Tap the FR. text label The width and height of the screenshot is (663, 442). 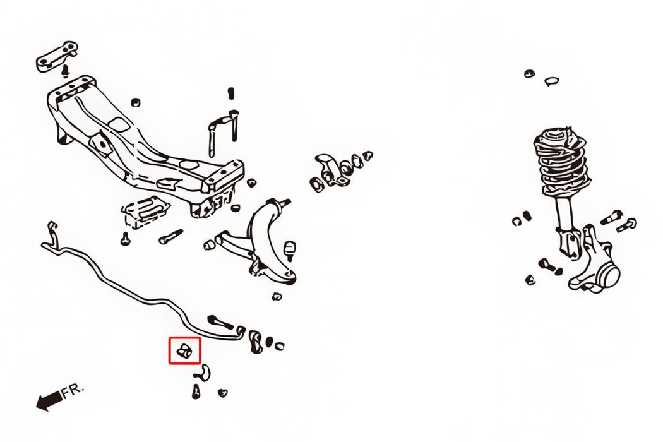pyautogui.click(x=73, y=390)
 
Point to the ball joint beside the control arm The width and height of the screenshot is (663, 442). pyautogui.click(x=290, y=250)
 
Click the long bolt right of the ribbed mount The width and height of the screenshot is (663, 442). pyautogui.click(x=171, y=236)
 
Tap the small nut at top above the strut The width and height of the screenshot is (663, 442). pyautogui.click(x=529, y=74)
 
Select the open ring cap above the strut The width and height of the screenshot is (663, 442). pyautogui.click(x=551, y=81)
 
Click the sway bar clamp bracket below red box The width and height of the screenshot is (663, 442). pyautogui.click(x=203, y=372)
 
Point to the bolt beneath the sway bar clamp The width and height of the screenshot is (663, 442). pyautogui.click(x=196, y=391)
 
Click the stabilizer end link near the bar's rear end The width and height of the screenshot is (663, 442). pyautogui.click(x=220, y=322)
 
